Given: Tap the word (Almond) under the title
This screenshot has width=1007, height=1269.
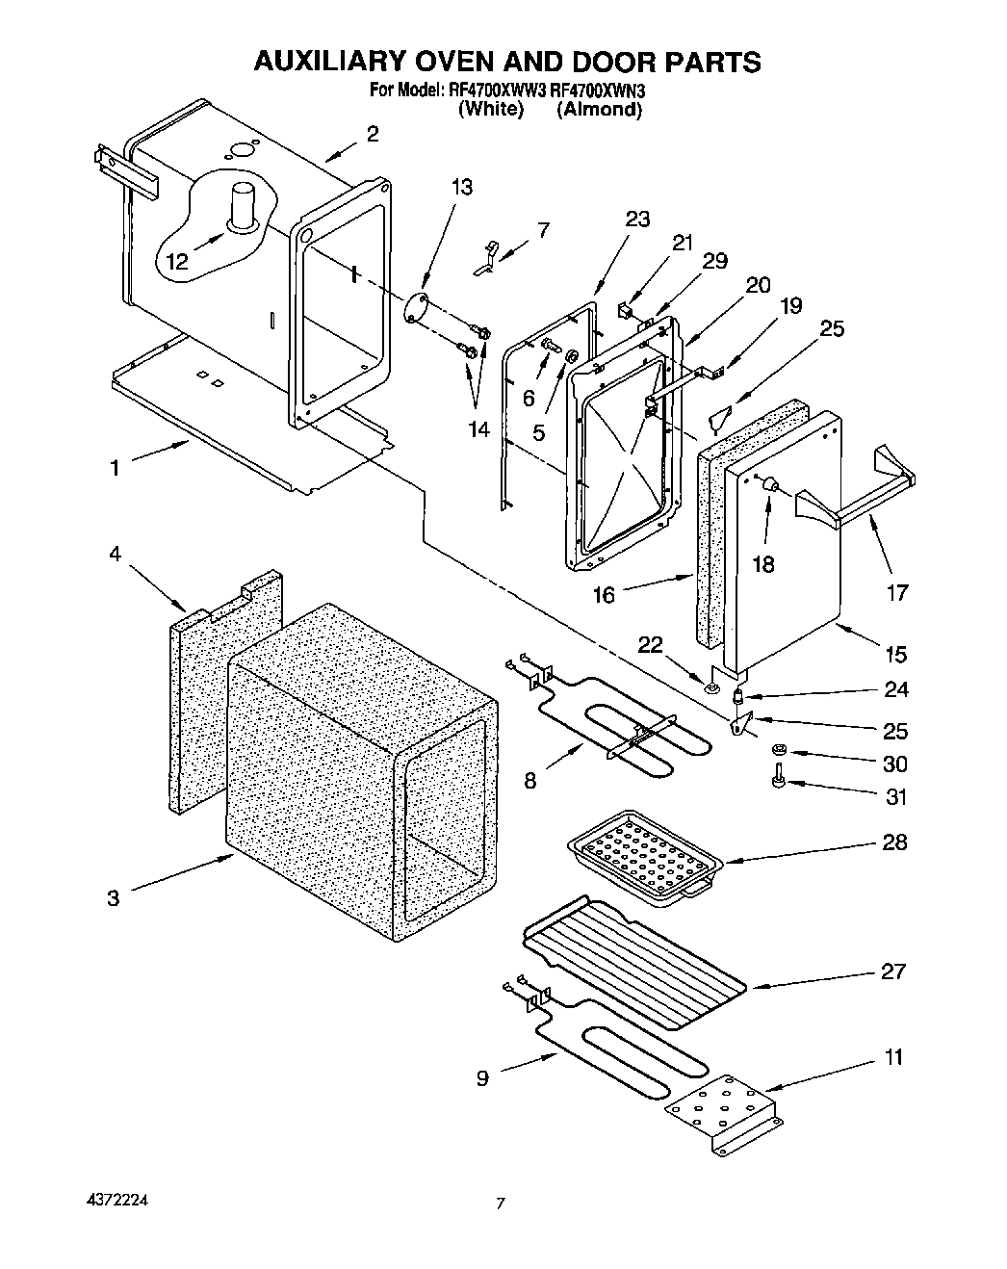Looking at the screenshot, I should tap(599, 110).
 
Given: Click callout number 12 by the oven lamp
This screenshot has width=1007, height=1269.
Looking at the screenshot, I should tap(176, 260).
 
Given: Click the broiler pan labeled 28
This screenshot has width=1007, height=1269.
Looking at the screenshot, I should tap(642, 855).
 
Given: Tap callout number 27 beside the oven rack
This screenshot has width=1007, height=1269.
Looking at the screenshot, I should tap(893, 971).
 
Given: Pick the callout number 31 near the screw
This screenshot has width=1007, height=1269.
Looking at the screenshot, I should tap(895, 797).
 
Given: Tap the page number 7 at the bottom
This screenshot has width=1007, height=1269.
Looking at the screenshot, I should tap(501, 1204).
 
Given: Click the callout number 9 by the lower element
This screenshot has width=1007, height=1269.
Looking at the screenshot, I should tap(482, 1078).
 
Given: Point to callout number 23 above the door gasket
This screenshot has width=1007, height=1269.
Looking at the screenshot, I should tap(637, 219).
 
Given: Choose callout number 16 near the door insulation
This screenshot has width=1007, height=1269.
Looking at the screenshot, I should tap(604, 595).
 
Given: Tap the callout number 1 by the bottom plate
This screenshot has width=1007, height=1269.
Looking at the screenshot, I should tap(115, 469).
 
